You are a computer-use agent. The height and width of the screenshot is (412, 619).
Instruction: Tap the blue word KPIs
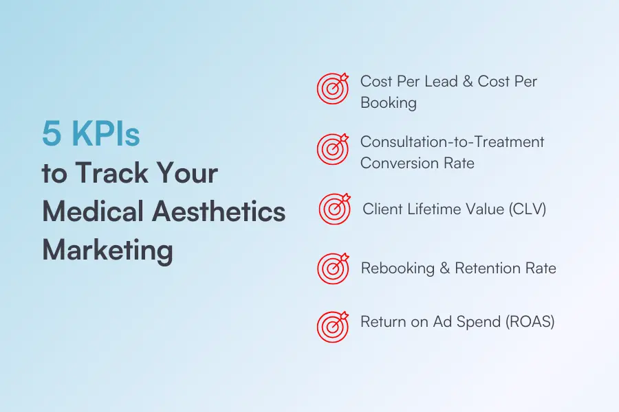[x=104, y=134]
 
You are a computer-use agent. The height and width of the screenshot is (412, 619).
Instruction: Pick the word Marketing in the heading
[x=107, y=251]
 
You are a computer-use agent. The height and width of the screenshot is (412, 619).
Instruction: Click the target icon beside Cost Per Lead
[x=333, y=89]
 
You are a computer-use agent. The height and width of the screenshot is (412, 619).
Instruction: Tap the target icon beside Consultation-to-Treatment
[x=333, y=149]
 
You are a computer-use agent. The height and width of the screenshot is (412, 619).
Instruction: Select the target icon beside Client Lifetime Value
[x=334, y=208]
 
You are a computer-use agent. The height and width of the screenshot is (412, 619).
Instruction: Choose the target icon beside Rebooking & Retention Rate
[x=333, y=268]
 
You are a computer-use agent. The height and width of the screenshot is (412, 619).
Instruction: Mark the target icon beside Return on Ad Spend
[x=333, y=326]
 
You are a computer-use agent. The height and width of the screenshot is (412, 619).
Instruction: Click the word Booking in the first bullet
[x=389, y=103]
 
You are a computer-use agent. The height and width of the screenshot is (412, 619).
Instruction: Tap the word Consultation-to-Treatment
[x=452, y=142]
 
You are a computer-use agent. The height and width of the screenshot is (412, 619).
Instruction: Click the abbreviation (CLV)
[x=526, y=209]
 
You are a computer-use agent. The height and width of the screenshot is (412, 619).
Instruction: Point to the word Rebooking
[x=396, y=268]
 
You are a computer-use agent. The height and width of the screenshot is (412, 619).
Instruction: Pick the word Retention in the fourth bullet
[x=490, y=268]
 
